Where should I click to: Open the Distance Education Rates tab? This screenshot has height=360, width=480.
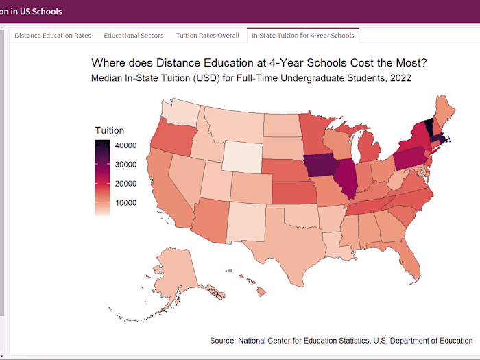(x=53, y=35)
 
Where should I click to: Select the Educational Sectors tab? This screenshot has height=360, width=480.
(x=134, y=35)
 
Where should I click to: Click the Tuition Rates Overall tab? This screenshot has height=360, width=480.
(x=208, y=35)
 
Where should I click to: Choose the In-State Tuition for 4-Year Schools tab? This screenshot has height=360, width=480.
(x=302, y=35)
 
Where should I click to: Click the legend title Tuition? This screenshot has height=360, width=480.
(x=110, y=130)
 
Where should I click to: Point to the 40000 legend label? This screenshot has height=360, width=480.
(x=125, y=145)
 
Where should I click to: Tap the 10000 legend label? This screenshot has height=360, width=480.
(x=125, y=203)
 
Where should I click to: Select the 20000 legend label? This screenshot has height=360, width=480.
(x=125, y=184)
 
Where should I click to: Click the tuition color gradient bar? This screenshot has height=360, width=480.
(x=102, y=177)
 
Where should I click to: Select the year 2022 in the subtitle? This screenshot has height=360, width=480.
(x=400, y=78)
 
